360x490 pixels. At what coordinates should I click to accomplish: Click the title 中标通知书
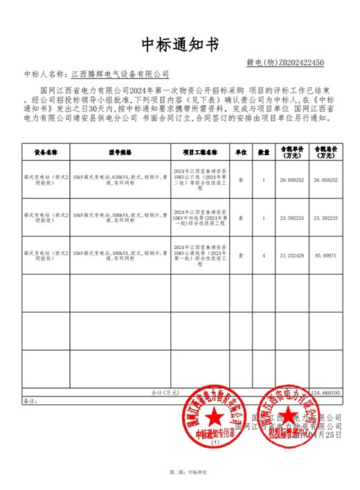tap(180, 44)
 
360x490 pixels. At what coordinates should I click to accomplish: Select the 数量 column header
tap(264, 151)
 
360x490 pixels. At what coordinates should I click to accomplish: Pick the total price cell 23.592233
tap(325, 218)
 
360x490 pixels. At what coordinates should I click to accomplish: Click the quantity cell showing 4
tap(264, 255)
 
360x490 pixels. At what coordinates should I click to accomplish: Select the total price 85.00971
tap(325, 255)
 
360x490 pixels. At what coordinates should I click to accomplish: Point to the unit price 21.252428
tap(291, 255)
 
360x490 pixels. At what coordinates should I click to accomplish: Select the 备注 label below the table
tap(29, 401)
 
